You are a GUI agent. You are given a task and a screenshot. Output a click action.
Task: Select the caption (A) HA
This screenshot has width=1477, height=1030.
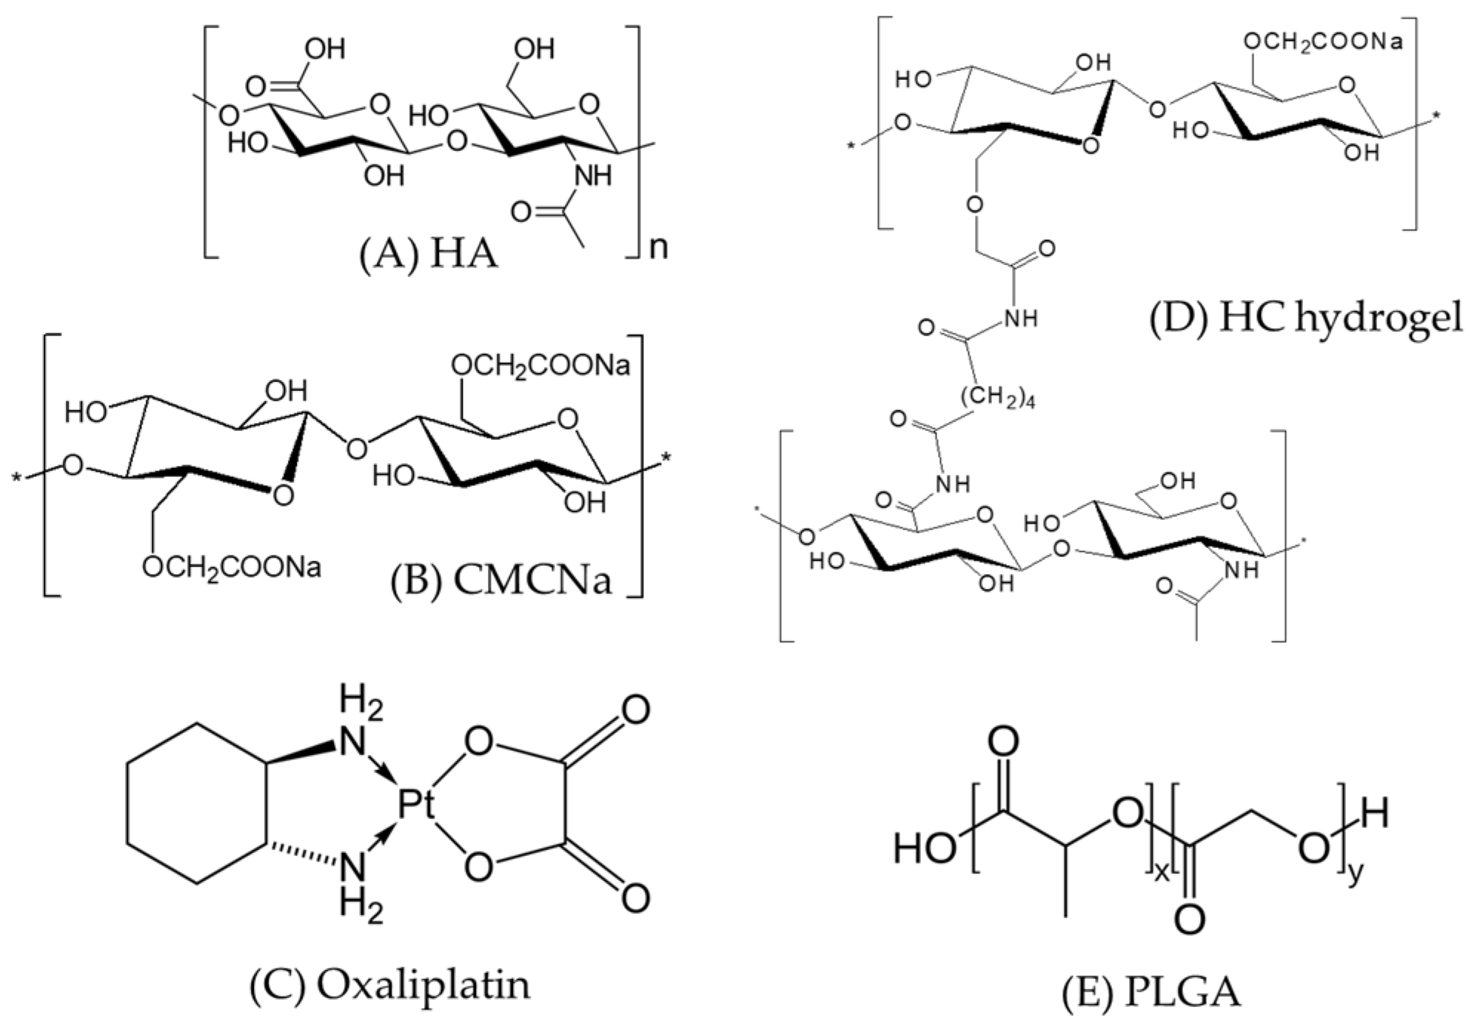point(429,255)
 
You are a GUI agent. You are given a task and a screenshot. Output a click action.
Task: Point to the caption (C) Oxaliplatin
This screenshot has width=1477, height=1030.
point(390,986)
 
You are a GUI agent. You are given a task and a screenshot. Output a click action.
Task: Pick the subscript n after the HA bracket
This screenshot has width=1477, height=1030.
point(658,247)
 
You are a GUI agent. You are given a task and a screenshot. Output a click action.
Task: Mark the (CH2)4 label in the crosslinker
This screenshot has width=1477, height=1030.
point(998,398)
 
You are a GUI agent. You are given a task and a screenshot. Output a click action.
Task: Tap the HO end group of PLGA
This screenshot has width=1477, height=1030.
point(925,848)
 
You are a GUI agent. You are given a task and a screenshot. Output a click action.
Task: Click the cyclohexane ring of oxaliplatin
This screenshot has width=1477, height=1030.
point(195,803)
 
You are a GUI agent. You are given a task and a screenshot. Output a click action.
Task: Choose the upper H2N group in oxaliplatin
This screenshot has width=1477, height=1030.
point(361,726)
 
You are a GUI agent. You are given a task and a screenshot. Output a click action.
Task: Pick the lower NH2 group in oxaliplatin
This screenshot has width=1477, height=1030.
point(361,885)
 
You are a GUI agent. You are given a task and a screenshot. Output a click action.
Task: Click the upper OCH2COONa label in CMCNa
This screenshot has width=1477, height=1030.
point(540,366)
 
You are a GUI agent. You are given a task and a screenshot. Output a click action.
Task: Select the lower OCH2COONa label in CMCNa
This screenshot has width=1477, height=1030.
point(232,568)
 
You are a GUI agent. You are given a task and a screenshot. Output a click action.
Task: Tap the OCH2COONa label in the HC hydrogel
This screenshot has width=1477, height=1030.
point(1322,42)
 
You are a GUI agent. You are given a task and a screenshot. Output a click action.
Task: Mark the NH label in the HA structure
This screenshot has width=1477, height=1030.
point(593,176)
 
